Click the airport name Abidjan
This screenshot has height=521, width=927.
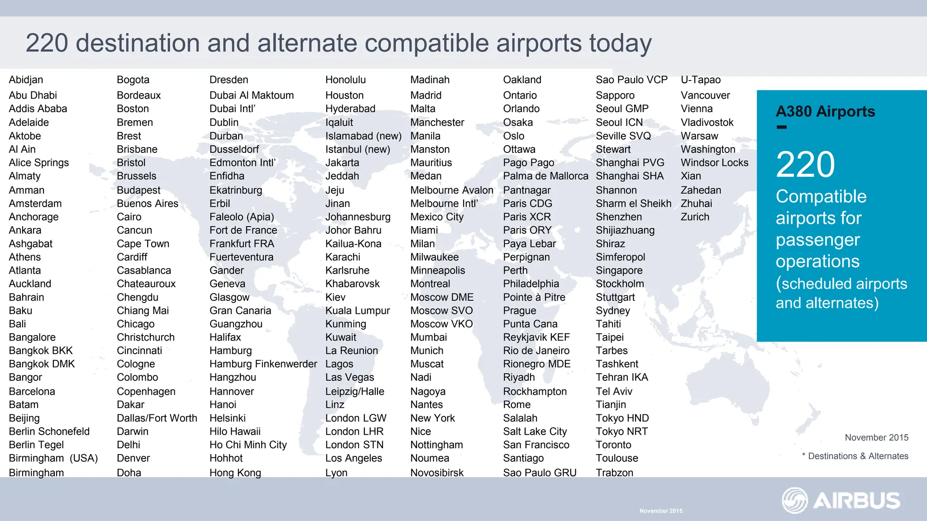click(x=26, y=80)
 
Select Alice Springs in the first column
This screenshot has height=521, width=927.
click(x=39, y=163)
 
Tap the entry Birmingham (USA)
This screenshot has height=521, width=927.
click(x=53, y=458)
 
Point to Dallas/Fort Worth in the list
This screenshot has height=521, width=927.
click(x=157, y=418)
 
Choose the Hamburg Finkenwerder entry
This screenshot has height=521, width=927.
click(x=263, y=364)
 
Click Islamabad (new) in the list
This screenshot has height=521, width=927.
click(x=363, y=136)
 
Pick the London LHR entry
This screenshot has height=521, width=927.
click(x=354, y=431)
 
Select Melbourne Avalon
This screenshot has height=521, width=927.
click(x=451, y=190)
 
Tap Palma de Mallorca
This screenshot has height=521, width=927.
click(x=545, y=176)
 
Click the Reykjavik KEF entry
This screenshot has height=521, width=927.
click(x=536, y=337)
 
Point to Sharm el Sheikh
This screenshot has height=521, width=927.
click(x=633, y=204)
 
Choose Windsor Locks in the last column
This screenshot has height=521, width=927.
click(x=714, y=163)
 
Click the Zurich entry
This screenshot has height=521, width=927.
click(x=695, y=217)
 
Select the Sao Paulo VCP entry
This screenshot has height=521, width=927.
click(x=631, y=80)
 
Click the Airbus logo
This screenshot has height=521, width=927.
click(x=841, y=501)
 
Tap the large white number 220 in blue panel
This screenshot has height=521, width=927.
click(x=805, y=165)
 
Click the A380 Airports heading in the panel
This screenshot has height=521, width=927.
click(x=825, y=112)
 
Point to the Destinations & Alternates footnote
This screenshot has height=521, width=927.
click(x=858, y=456)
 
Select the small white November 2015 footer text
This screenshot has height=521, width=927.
click(x=660, y=511)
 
